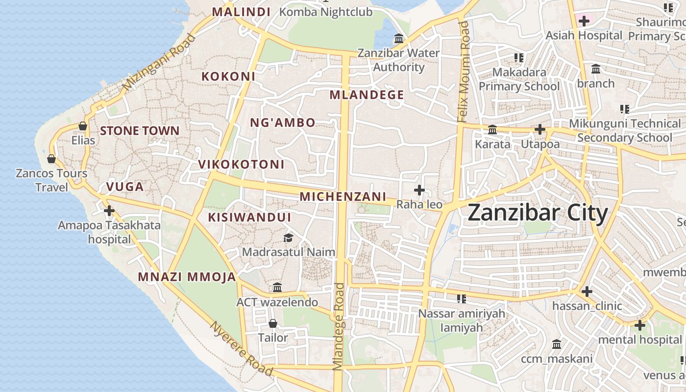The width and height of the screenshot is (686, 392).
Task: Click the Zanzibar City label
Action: point(538,213)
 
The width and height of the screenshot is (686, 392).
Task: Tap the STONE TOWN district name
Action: point(140,131)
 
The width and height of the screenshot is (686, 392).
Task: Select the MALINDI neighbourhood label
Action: point(241,12)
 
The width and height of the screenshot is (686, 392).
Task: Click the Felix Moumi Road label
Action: point(463,72)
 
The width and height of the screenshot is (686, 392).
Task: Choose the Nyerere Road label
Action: point(241,348)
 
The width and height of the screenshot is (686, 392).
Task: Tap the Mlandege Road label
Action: point(339,326)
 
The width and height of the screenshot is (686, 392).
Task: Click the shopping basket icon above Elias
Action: point(83,126)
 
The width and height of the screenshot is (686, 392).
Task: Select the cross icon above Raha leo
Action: point(419,190)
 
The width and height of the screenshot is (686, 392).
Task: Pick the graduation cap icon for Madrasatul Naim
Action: point(288,238)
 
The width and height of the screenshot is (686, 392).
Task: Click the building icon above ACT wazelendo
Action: point(277,287)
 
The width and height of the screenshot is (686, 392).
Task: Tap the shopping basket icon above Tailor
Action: point(273,323)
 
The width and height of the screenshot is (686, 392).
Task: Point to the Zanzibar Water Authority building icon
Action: point(399,38)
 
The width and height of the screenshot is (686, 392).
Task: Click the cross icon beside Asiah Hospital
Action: point(584,21)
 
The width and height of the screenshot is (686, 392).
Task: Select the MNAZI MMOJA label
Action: point(187,277)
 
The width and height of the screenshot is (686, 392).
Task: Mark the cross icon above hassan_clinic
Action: point(587,292)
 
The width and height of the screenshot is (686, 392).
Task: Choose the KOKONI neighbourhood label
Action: point(228,76)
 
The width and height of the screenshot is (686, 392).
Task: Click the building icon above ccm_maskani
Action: point(557,344)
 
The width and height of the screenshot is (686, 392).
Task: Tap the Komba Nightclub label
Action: point(326,12)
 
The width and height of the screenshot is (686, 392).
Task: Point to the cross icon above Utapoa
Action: point(540,129)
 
